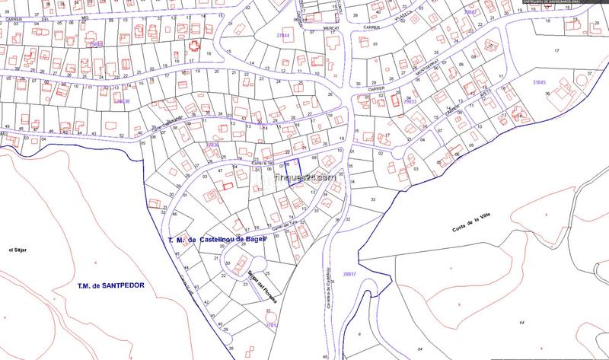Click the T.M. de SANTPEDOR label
click(x=110, y=286)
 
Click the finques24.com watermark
click(x=304, y=181)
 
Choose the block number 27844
click(x=283, y=36)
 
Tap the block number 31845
click(x=540, y=81)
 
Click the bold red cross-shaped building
click(x=195, y=46)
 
